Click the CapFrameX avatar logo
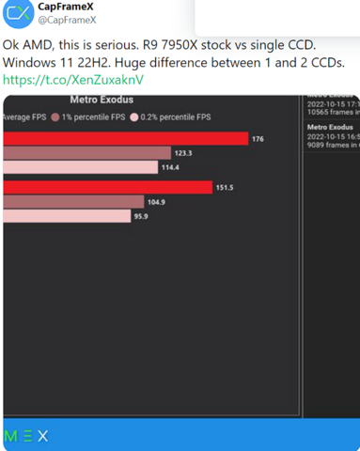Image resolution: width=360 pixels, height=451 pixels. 17,13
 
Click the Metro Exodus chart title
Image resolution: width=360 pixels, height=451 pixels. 101,99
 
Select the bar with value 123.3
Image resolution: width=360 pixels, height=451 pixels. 86,152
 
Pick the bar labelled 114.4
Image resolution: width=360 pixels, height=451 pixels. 80,167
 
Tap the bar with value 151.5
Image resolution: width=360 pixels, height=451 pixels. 107,187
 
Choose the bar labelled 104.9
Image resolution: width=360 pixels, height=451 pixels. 73,201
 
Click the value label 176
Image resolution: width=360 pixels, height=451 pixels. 258,138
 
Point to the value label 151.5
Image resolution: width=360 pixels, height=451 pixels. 224,187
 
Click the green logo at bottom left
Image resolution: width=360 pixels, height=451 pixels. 26,436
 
